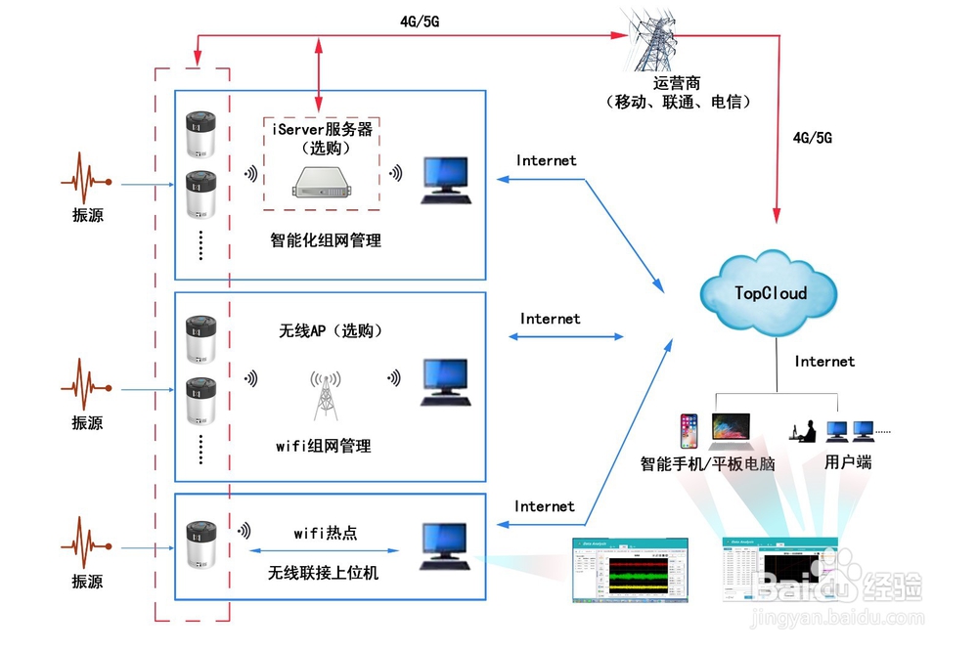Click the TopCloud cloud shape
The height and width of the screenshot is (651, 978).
770,292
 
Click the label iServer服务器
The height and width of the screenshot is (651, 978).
320,129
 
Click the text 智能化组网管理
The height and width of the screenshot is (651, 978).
325,239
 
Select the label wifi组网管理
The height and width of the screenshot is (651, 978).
323,446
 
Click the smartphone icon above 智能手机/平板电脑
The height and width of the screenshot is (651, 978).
689,430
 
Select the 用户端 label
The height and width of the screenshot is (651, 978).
847,462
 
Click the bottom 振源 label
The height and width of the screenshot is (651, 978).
87,582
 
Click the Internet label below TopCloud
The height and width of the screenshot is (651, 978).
823,362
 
